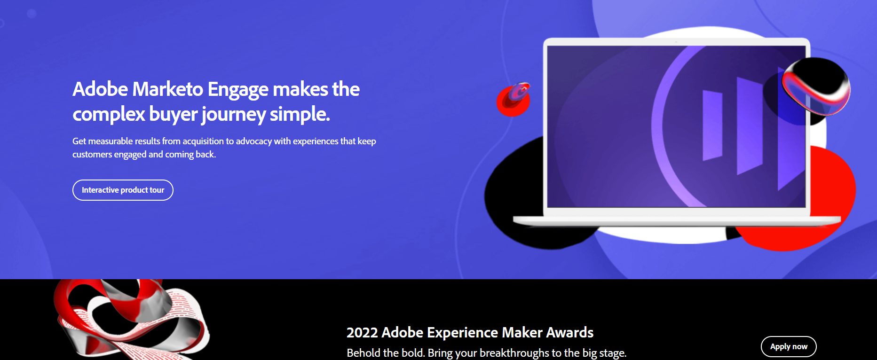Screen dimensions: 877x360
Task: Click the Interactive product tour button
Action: tap(123, 190)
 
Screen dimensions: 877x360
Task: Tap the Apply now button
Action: tap(789, 347)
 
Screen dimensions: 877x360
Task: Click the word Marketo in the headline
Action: tap(168, 89)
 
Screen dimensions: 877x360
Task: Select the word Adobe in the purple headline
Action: tap(100, 89)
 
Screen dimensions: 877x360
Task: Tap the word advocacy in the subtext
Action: tap(254, 141)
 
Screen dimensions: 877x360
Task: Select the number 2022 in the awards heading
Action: tap(362, 333)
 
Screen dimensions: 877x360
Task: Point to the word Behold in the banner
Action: tap(363, 353)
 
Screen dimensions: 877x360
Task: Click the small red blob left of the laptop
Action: tap(513, 100)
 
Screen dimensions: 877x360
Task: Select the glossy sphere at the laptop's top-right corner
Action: tap(815, 86)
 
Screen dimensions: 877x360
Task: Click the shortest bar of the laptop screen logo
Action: tap(712, 125)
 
